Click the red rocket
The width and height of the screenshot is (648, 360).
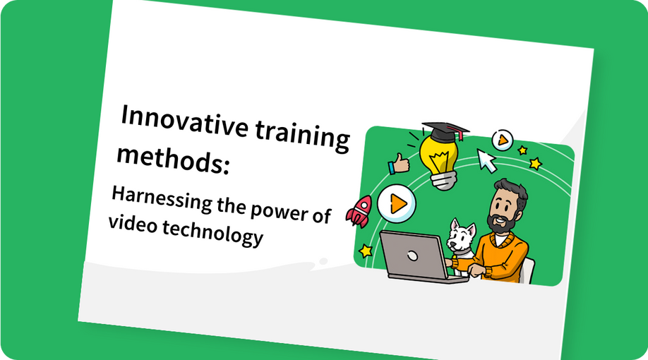tap(360, 210)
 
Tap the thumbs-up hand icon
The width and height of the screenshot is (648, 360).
tap(400, 164)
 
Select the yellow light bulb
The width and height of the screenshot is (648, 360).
tap(439, 155)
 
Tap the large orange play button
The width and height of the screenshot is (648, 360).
tap(397, 203)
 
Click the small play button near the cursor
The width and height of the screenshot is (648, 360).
tap(502, 140)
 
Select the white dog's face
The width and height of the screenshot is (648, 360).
tap(462, 236)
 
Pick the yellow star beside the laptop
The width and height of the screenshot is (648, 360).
tap(365, 250)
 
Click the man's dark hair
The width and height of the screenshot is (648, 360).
tap(510, 188)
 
